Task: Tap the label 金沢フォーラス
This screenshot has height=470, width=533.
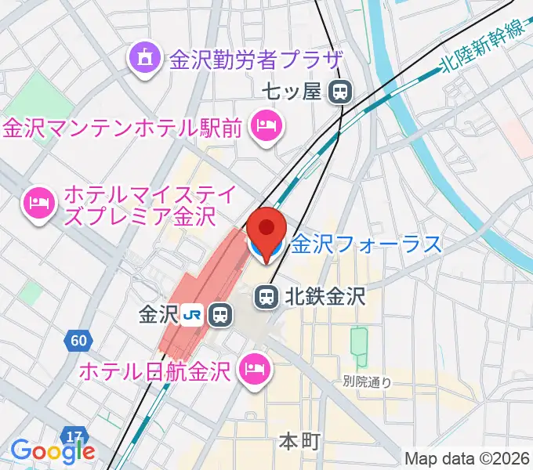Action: click(x=367, y=245)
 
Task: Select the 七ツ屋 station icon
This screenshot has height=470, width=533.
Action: click(x=340, y=92)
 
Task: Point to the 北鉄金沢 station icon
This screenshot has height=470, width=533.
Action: click(x=266, y=297)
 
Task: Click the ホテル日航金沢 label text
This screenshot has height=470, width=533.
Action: click(x=154, y=369)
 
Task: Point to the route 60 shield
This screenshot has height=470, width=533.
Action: click(x=78, y=341)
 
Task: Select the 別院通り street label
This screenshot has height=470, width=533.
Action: click(x=367, y=382)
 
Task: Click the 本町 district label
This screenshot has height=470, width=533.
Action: click(x=300, y=443)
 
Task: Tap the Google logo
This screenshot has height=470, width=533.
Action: click(x=53, y=450)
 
